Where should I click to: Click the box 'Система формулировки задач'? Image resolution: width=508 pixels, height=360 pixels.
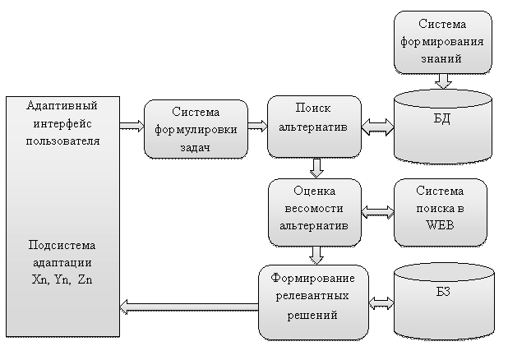point(196,129)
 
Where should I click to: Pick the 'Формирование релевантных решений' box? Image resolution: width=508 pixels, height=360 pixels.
point(313,302)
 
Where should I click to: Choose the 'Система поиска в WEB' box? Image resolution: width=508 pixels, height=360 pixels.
point(441,212)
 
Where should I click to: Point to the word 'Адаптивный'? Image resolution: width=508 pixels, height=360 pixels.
point(62,106)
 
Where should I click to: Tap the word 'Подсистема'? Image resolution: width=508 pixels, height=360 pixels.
point(62,246)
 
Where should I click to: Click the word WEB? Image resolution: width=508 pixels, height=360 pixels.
point(441,227)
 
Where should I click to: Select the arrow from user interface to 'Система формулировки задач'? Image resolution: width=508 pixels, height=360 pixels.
point(132,126)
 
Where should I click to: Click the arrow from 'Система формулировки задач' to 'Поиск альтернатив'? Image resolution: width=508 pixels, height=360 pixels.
point(257,126)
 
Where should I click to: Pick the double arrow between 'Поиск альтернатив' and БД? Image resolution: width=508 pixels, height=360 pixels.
point(378,126)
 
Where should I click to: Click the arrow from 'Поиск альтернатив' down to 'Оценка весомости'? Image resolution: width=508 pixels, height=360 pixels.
point(316,168)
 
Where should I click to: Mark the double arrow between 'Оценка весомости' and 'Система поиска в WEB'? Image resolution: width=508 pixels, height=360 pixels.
point(377,212)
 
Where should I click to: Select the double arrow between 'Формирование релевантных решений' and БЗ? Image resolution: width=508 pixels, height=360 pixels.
point(381,303)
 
